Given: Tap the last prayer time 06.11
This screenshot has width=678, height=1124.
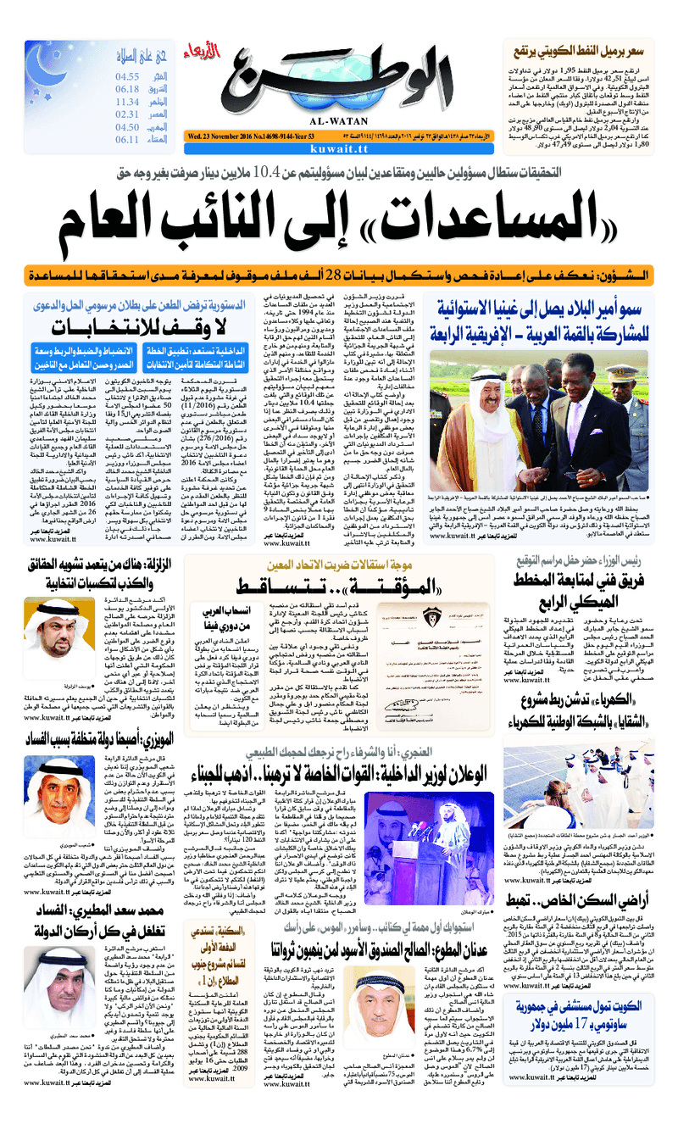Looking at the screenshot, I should click(x=127, y=140).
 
